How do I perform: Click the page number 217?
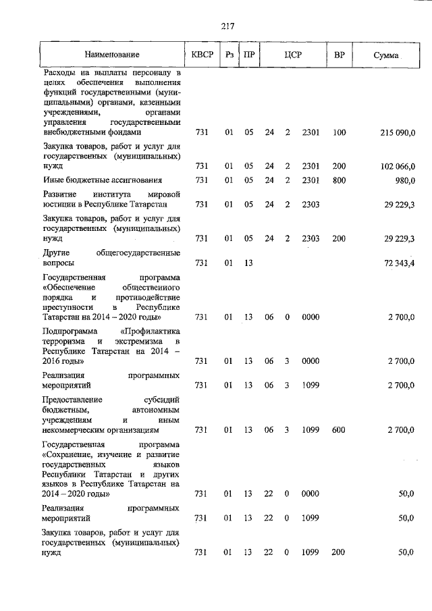click(x=227, y=27)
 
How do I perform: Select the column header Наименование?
click(x=113, y=54)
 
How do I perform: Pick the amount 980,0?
click(x=403, y=180)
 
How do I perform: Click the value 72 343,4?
click(x=398, y=262)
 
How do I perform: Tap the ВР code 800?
click(x=340, y=180)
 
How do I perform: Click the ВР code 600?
click(x=340, y=429)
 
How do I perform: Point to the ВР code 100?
click(x=340, y=134)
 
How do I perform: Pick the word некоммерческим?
click(x=76, y=429)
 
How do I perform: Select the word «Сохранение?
click(x=71, y=456)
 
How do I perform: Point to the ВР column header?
click(x=340, y=54)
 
